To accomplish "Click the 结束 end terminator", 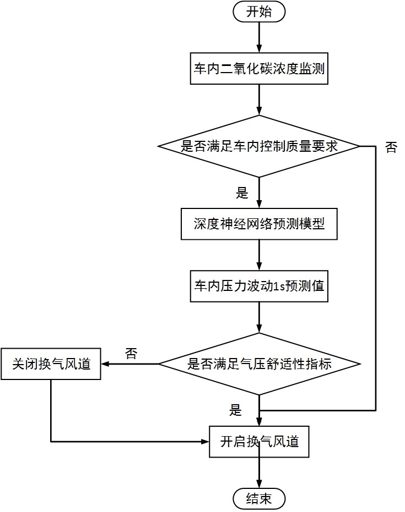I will coord(259,499).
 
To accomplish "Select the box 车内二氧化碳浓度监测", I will coord(259,69).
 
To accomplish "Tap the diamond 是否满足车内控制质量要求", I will coord(259,146).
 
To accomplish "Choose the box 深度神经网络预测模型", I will coord(259,224).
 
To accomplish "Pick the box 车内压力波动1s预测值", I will coord(259,286).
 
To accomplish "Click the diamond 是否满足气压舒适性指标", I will coord(259,364).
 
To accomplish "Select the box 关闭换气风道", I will coord(51,364).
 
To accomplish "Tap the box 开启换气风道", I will coord(259,441).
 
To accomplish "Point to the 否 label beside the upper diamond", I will coord(391,147).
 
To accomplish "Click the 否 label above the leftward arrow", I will coord(131,353).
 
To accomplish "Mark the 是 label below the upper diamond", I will coord(242,192).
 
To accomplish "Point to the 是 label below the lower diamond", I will coord(236,410).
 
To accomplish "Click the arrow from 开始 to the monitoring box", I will coord(259,37).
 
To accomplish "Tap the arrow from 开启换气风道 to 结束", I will coord(259,472).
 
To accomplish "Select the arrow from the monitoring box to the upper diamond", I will coord(259,100).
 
